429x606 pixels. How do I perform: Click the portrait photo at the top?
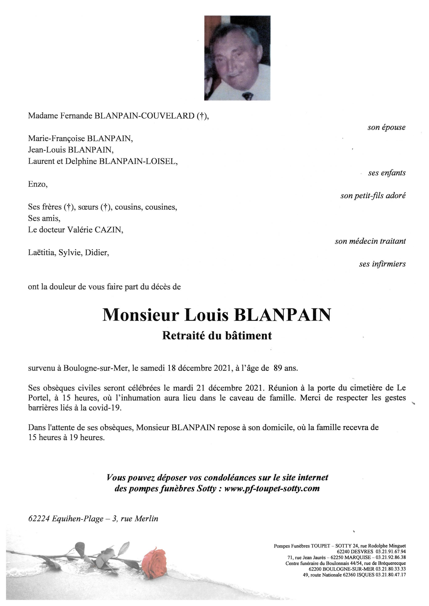pyautogui.click(x=237, y=58)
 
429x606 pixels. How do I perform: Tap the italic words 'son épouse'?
pyautogui.click(x=386, y=128)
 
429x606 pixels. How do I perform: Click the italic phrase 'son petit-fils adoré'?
pyautogui.click(x=373, y=195)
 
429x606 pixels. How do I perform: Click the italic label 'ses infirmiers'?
pyautogui.click(x=382, y=264)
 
